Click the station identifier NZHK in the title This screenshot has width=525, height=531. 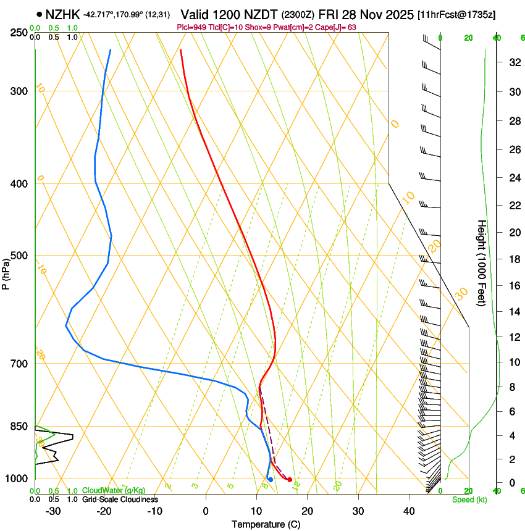(63, 14)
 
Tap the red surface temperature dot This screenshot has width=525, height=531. (290, 480)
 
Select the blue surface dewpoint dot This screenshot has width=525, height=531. (271, 480)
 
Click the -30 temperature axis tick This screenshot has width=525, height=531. (53, 511)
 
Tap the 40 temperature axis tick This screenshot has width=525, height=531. (408, 511)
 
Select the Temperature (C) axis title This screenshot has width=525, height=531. (265, 525)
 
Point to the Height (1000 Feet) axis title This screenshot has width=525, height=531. (482, 263)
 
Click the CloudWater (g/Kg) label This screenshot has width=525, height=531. (114, 491)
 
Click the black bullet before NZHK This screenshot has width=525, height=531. (40, 14)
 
